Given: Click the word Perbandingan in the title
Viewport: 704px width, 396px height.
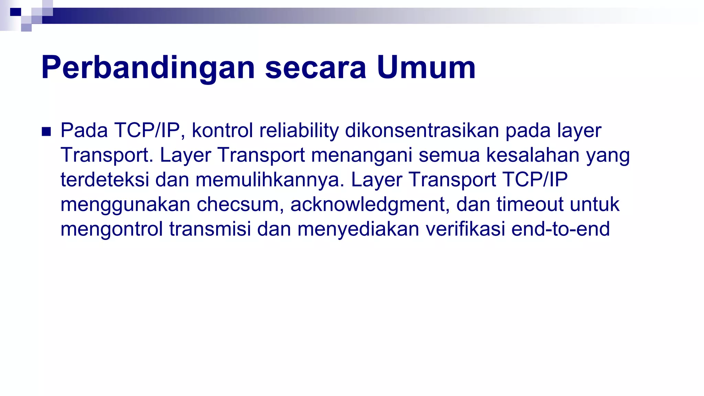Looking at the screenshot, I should click(148, 68).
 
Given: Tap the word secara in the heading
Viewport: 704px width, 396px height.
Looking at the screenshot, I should click(316, 68).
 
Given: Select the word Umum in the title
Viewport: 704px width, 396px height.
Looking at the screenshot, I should click(426, 68).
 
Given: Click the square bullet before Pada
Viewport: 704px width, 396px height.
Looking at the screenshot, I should click(46, 131).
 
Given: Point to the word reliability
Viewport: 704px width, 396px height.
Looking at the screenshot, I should click(299, 131).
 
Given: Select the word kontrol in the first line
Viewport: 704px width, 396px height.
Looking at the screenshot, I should click(222, 131).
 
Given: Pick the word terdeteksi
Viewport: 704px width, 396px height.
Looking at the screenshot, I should click(105, 180).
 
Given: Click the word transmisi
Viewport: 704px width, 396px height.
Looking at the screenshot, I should click(210, 229).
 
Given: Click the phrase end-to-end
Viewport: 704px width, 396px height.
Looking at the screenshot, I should click(560, 229).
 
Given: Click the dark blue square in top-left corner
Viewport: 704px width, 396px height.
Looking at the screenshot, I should click(15, 12).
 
